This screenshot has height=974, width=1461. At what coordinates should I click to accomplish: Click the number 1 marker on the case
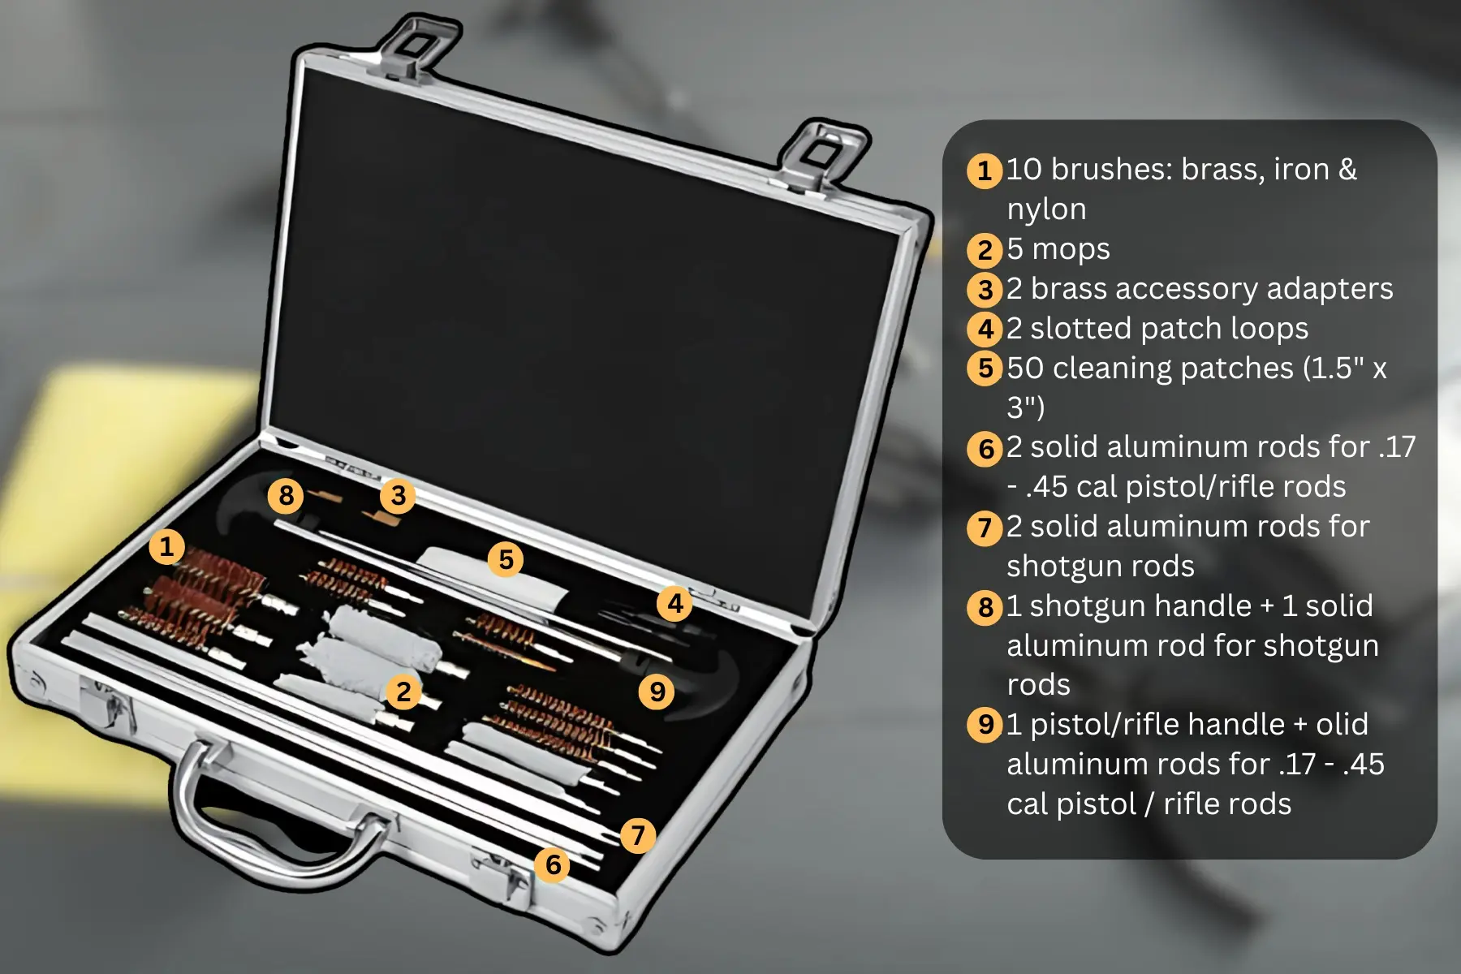tap(166, 546)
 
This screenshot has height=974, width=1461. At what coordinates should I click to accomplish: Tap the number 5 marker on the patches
tap(506, 559)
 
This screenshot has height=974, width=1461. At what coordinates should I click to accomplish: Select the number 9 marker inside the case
tap(657, 692)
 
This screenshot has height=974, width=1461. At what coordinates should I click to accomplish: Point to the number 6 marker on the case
tap(553, 864)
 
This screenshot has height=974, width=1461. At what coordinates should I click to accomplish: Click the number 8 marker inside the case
tap(286, 495)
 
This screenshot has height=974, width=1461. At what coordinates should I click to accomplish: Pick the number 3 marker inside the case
tap(398, 495)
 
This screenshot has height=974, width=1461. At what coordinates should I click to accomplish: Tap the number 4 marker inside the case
tap(674, 603)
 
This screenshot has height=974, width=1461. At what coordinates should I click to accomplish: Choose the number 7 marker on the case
tap(638, 834)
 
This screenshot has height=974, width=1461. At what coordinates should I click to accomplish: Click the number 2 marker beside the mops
tap(403, 692)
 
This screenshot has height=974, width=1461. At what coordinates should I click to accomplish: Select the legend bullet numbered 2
tap(985, 250)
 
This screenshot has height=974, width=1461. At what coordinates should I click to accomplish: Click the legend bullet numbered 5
tap(985, 368)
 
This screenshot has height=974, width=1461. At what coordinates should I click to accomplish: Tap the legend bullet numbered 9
tap(985, 724)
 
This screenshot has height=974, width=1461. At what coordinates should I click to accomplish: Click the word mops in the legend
tap(1071, 250)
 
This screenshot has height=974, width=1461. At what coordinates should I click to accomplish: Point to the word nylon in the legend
tap(1046, 210)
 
